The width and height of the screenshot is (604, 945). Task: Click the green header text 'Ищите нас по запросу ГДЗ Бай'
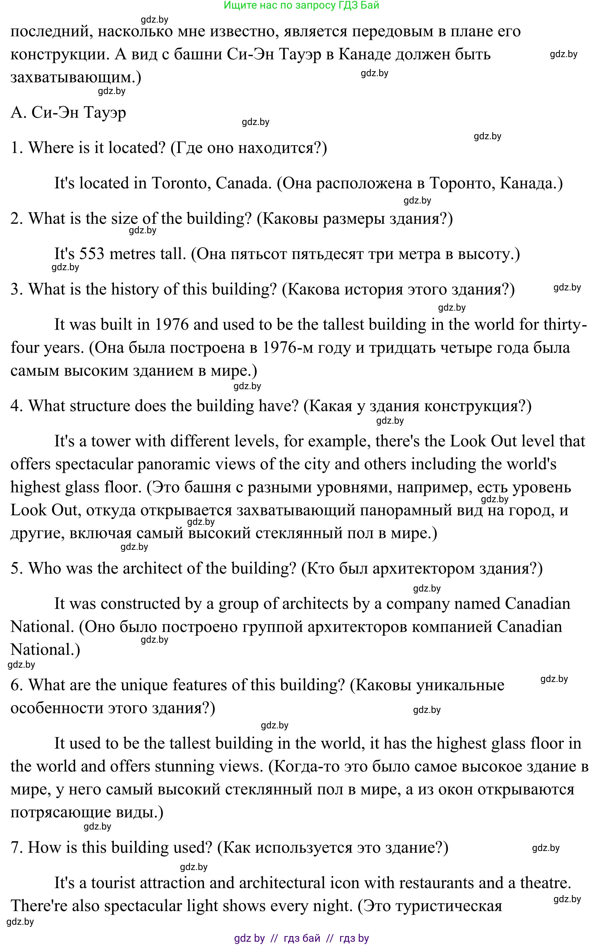[301, 5]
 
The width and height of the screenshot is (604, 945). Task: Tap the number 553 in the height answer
[92, 254]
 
